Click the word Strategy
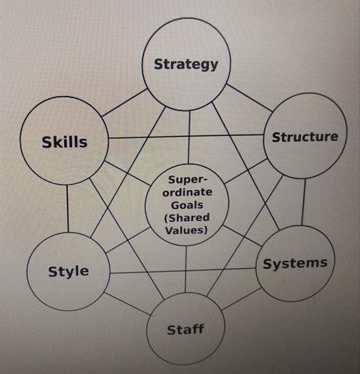tap(186, 64)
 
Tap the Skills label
tap(65, 142)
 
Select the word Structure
tap(305, 137)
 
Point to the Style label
tap(68, 271)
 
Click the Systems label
tap(295, 264)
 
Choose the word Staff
tap(186, 329)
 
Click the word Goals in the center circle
tap(187, 205)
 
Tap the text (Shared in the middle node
tap(187, 218)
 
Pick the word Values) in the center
tap(186, 231)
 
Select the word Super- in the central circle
tap(187, 180)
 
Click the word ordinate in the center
tap(187, 192)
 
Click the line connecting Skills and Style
tap(67, 208)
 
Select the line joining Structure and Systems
tap(304, 202)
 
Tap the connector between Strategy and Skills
tap(125, 103)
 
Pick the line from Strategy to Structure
tap(249, 97)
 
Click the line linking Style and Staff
tap(127, 304)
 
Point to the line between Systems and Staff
tap(241, 299)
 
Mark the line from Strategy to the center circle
tap(189, 138)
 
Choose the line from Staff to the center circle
tap(186, 269)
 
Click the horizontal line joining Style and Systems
tap(183, 271)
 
